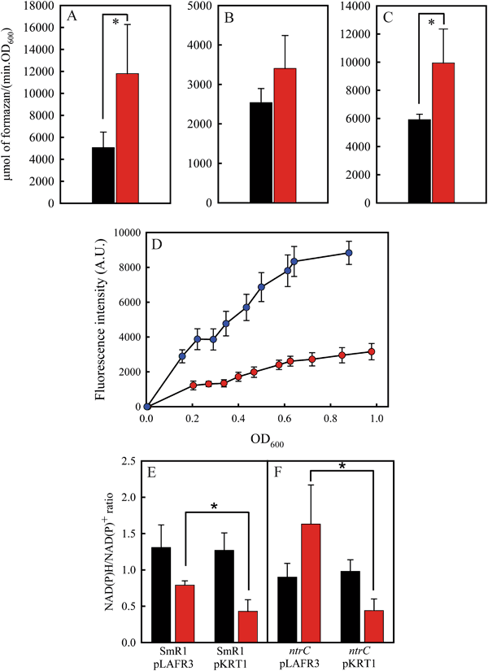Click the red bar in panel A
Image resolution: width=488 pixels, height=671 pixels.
[128, 138]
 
